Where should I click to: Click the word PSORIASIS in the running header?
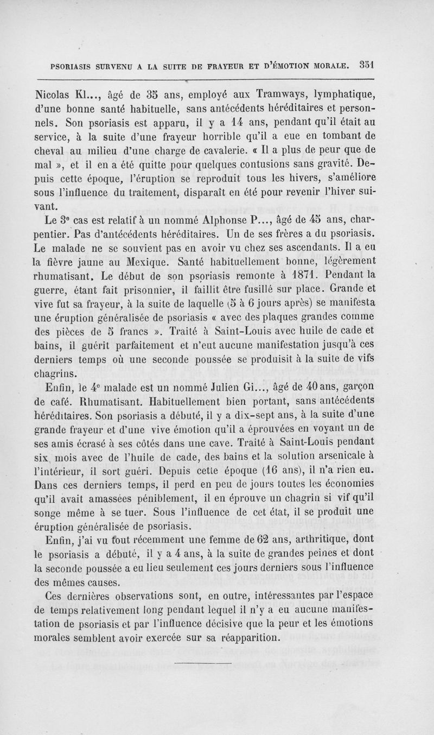[77, 67]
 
